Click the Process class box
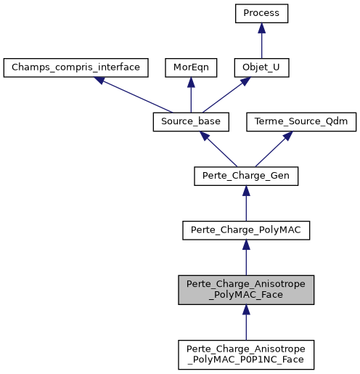[x=261, y=13]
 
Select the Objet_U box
[x=261, y=68]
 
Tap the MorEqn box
[x=189, y=68]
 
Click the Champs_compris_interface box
[x=76, y=68]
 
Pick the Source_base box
[x=189, y=122]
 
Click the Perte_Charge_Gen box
[x=246, y=176]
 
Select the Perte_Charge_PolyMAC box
[x=246, y=231]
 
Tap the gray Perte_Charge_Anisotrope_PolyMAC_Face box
[x=246, y=290]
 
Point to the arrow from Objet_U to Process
[x=261, y=41]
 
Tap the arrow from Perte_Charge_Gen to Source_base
[x=218, y=150]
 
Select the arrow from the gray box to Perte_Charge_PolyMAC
[x=246, y=259]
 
